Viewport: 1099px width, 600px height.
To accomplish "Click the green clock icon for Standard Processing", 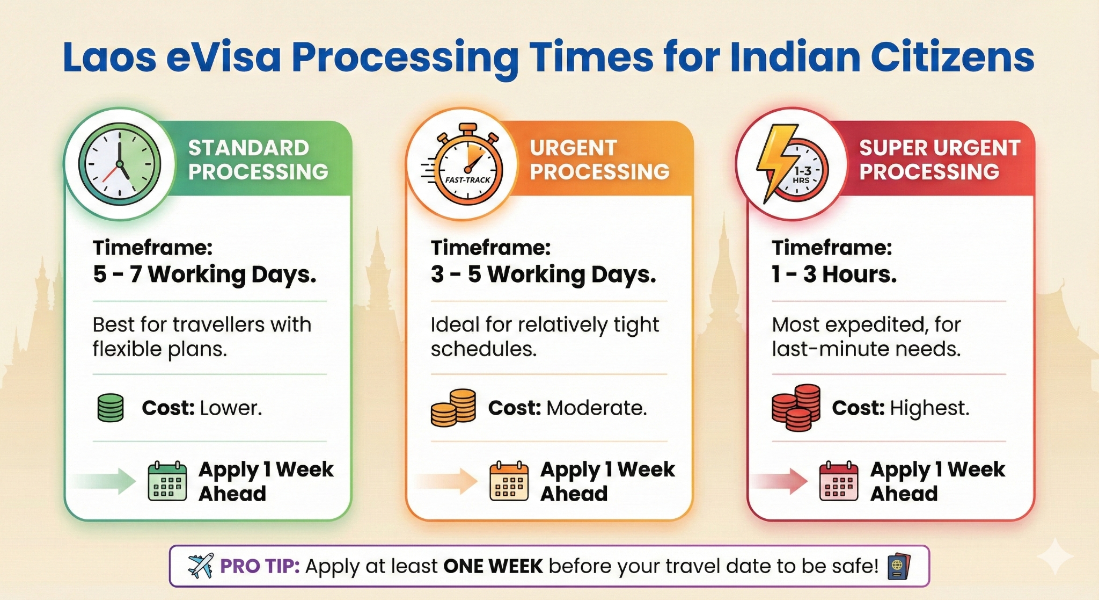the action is (120, 164).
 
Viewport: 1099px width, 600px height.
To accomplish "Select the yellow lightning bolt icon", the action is (776, 163).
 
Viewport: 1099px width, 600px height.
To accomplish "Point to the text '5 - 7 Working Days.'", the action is (204, 274).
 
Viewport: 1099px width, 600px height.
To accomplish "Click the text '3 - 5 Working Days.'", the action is (543, 274).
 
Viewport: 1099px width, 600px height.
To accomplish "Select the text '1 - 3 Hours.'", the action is (834, 274).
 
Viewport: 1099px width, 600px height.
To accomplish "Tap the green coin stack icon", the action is (111, 408).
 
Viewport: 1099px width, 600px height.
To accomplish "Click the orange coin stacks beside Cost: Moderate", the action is (453, 408).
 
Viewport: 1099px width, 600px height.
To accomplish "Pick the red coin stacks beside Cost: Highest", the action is (796, 408).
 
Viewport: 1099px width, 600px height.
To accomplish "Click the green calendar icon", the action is (167, 481).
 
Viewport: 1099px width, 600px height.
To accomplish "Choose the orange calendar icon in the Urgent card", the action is (509, 481).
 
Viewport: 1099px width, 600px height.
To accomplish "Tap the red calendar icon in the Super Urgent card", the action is (839, 481).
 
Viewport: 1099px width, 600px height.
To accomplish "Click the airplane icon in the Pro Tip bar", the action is (201, 566).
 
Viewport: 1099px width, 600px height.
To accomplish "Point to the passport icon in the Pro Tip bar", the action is (899, 567).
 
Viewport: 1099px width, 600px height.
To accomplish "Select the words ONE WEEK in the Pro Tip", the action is (493, 566).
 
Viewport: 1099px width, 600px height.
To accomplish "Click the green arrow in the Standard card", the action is (105, 481).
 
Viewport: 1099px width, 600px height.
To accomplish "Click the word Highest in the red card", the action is (929, 408).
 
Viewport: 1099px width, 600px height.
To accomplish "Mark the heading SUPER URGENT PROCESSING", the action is (940, 160).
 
